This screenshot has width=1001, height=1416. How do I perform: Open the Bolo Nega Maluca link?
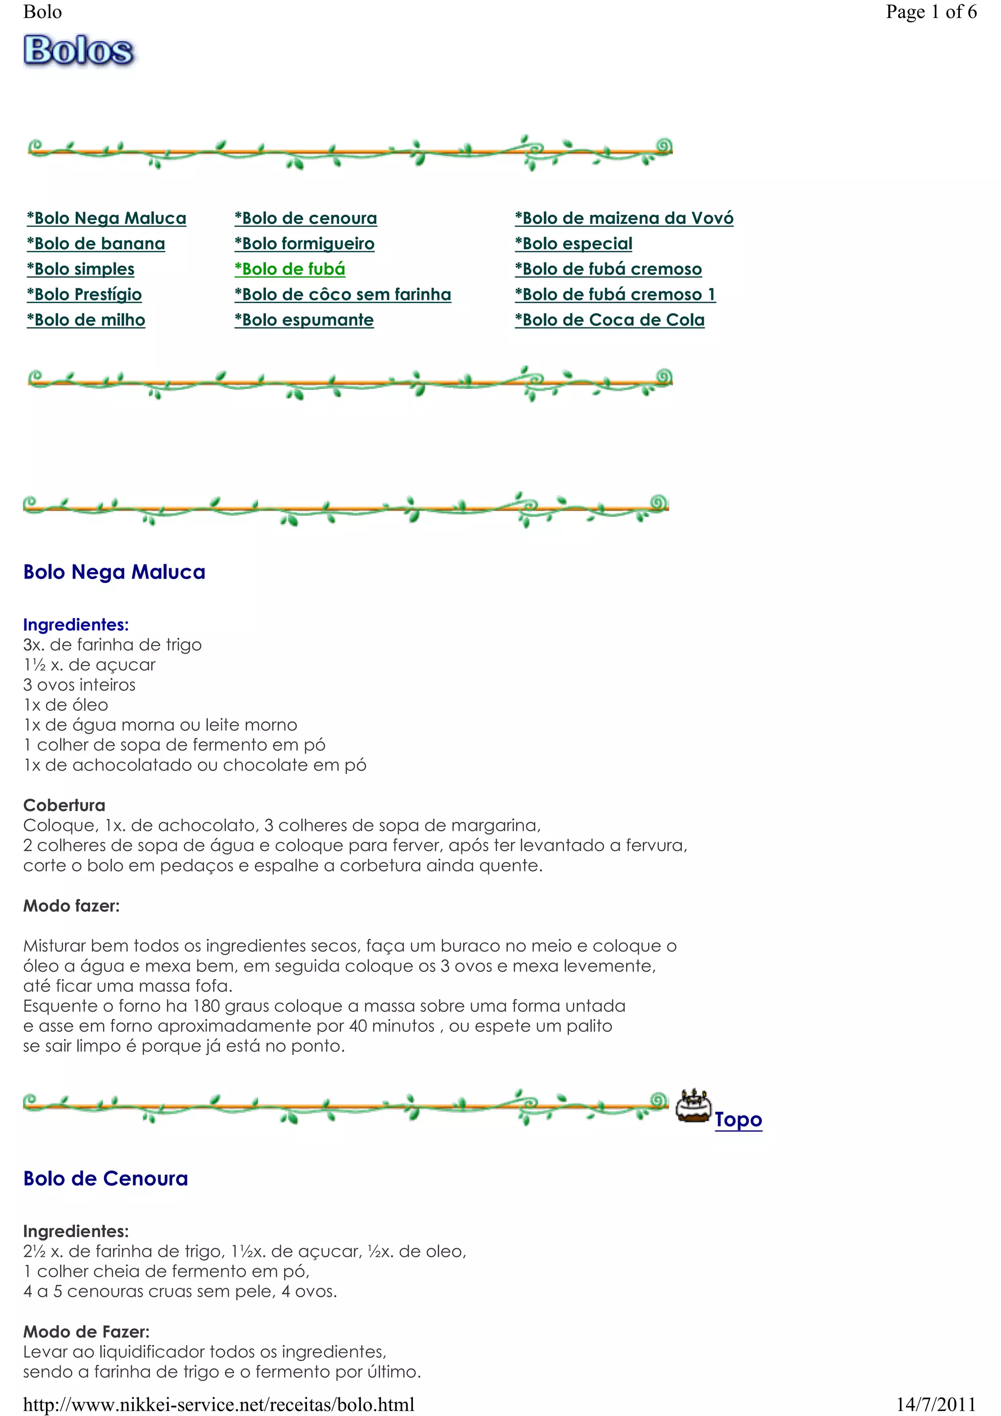(x=107, y=218)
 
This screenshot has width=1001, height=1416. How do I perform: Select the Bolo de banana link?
(x=96, y=244)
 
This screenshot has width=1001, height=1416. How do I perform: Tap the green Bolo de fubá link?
(x=290, y=269)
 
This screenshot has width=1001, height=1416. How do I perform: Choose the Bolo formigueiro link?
(x=305, y=244)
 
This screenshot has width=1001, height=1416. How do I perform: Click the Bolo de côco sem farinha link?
(x=343, y=294)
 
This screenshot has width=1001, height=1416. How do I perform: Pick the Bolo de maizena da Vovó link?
(x=624, y=218)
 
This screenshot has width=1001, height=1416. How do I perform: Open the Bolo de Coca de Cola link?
(x=610, y=320)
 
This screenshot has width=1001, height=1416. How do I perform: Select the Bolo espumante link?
(x=304, y=320)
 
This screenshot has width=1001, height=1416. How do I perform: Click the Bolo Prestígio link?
(x=85, y=294)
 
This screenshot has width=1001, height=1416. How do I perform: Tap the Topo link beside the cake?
(x=738, y=1119)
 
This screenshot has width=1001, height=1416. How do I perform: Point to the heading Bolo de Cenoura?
(x=106, y=1179)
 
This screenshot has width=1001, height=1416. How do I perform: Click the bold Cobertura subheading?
(x=64, y=805)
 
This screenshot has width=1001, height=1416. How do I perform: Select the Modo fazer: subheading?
(x=71, y=906)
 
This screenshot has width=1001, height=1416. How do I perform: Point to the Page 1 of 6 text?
(x=931, y=12)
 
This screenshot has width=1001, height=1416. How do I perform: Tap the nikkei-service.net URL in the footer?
(x=219, y=1404)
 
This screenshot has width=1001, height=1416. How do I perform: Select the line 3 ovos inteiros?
(x=80, y=685)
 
